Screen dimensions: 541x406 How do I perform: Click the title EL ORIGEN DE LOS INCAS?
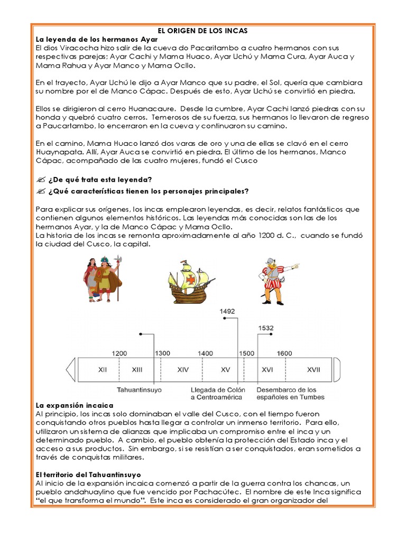(203, 31)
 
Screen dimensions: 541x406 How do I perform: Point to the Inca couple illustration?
(103, 278)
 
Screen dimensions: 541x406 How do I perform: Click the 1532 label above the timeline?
(266, 328)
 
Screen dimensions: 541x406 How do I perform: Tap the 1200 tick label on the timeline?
(119, 353)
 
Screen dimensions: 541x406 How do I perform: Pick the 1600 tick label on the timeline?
(284, 353)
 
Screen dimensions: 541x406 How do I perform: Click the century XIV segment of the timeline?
(183, 370)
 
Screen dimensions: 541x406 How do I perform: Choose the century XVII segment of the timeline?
(313, 370)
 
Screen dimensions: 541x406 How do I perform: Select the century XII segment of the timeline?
(103, 370)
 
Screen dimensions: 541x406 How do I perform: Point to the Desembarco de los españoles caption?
(290, 393)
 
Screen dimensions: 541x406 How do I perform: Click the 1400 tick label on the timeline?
(205, 353)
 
